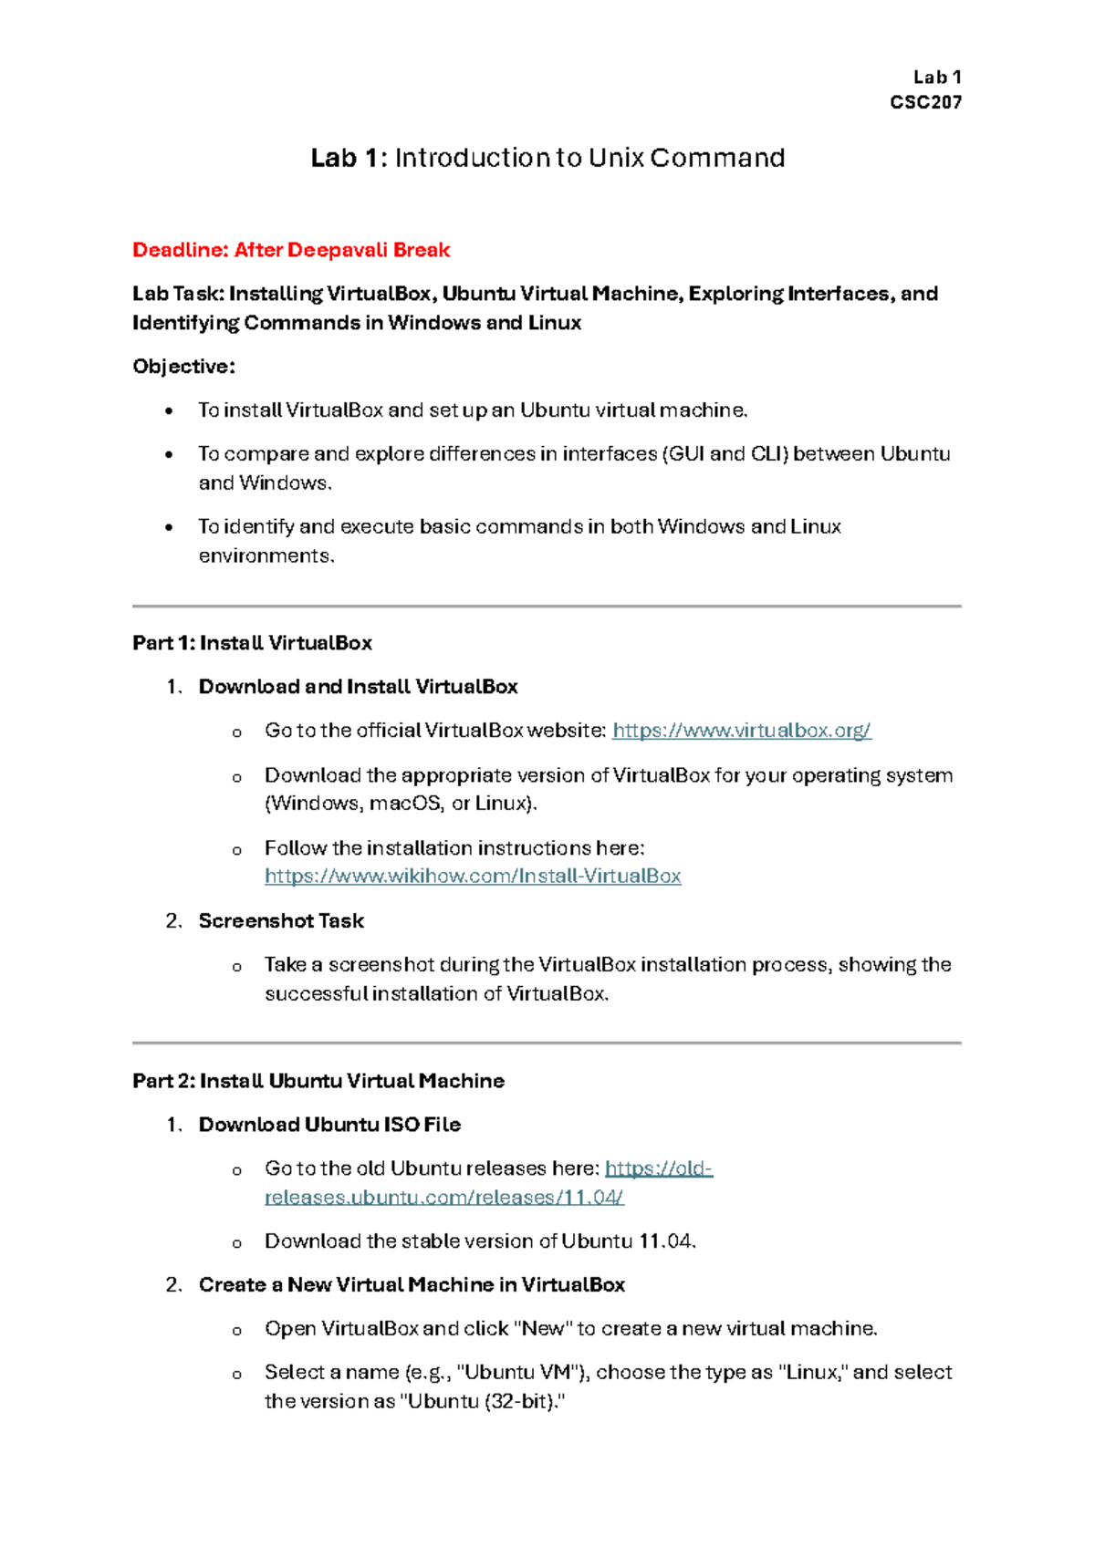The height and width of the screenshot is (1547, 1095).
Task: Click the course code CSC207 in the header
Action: point(925,102)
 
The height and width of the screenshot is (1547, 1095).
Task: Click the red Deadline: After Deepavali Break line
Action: point(291,250)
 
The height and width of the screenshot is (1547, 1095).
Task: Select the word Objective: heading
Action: point(183,367)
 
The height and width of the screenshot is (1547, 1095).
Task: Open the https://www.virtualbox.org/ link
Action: point(741,731)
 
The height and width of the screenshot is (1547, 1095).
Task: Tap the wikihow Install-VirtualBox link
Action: point(473,877)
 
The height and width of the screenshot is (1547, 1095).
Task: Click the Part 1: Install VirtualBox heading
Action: point(252,643)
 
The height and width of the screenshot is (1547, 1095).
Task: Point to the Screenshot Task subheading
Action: point(281,921)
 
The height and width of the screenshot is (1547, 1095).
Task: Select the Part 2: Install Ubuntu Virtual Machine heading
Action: point(318,1081)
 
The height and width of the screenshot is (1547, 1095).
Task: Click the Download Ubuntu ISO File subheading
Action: point(329,1125)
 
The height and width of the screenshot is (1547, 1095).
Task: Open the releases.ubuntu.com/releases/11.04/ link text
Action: point(443,1198)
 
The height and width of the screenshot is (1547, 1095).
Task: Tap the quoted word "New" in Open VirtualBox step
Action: point(543,1329)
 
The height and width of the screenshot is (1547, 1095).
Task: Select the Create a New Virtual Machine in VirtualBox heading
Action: point(412,1285)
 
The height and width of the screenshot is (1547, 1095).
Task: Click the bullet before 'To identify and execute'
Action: point(169,528)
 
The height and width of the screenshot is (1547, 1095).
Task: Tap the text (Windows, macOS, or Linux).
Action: point(401,804)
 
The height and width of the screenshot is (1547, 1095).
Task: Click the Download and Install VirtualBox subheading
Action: point(358,687)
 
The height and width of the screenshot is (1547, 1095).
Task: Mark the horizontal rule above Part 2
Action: point(547,1043)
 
